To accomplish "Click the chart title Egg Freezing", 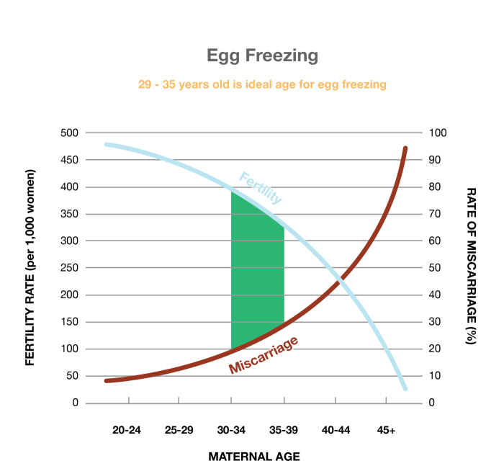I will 252,55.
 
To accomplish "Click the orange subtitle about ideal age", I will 262,84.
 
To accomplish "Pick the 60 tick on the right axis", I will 436,241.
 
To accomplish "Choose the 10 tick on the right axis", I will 436,376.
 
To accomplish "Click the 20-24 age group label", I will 127,430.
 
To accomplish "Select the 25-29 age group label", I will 179,430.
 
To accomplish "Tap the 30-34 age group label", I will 231,430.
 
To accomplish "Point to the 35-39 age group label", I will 284,430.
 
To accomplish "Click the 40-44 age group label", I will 336,430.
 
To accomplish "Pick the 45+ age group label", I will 387,430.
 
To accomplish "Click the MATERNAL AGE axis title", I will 253,456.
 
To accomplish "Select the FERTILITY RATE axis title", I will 30,268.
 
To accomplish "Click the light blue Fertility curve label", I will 260,188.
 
